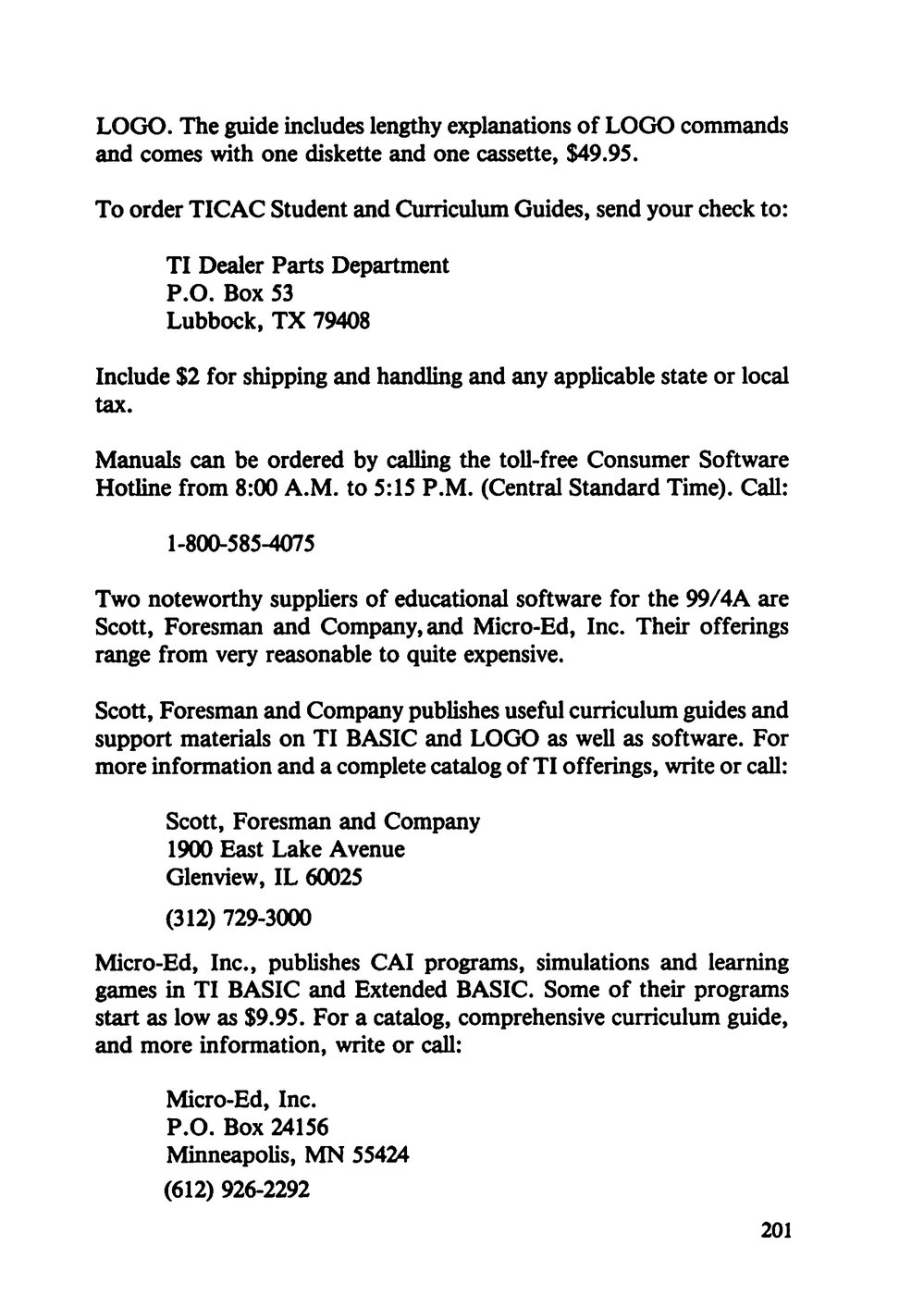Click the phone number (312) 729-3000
tap(238, 919)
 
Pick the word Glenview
tap(208, 876)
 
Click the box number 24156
tap(298, 1128)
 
